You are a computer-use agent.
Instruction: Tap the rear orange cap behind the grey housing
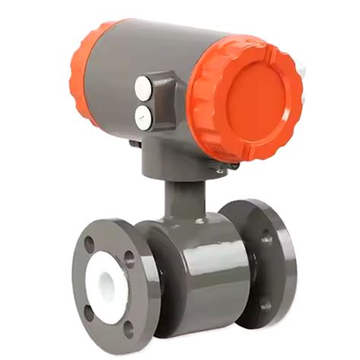[86, 72]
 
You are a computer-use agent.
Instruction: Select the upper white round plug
[143, 89]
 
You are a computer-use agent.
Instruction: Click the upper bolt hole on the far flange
[267, 238]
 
